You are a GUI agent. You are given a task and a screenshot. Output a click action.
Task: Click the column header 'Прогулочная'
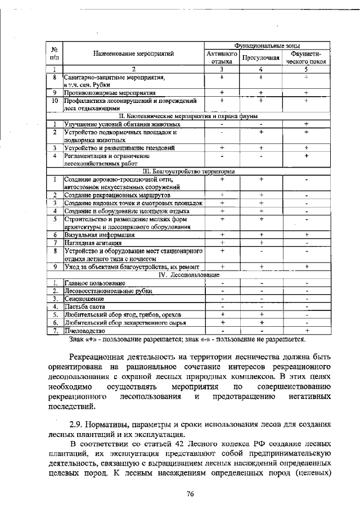[260, 57]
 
